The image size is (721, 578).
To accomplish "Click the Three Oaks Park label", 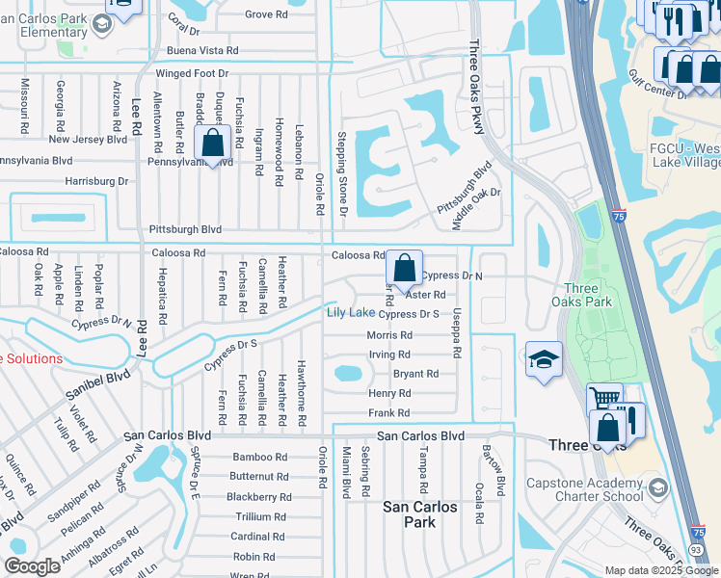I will tap(587, 296).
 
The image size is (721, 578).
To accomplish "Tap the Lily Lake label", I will tap(351, 313).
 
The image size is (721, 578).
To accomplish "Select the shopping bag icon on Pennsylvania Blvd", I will tap(212, 144).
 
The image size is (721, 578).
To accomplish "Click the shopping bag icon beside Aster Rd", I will tap(406, 268).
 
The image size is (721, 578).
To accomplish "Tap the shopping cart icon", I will tap(604, 399).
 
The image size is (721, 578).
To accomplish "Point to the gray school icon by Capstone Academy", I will tap(658, 488).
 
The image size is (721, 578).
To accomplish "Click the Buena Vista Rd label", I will tap(202, 49).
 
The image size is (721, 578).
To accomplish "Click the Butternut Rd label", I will tap(258, 477).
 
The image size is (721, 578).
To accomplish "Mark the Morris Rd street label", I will tap(389, 335).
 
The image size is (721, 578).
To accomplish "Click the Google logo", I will tap(32, 566).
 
